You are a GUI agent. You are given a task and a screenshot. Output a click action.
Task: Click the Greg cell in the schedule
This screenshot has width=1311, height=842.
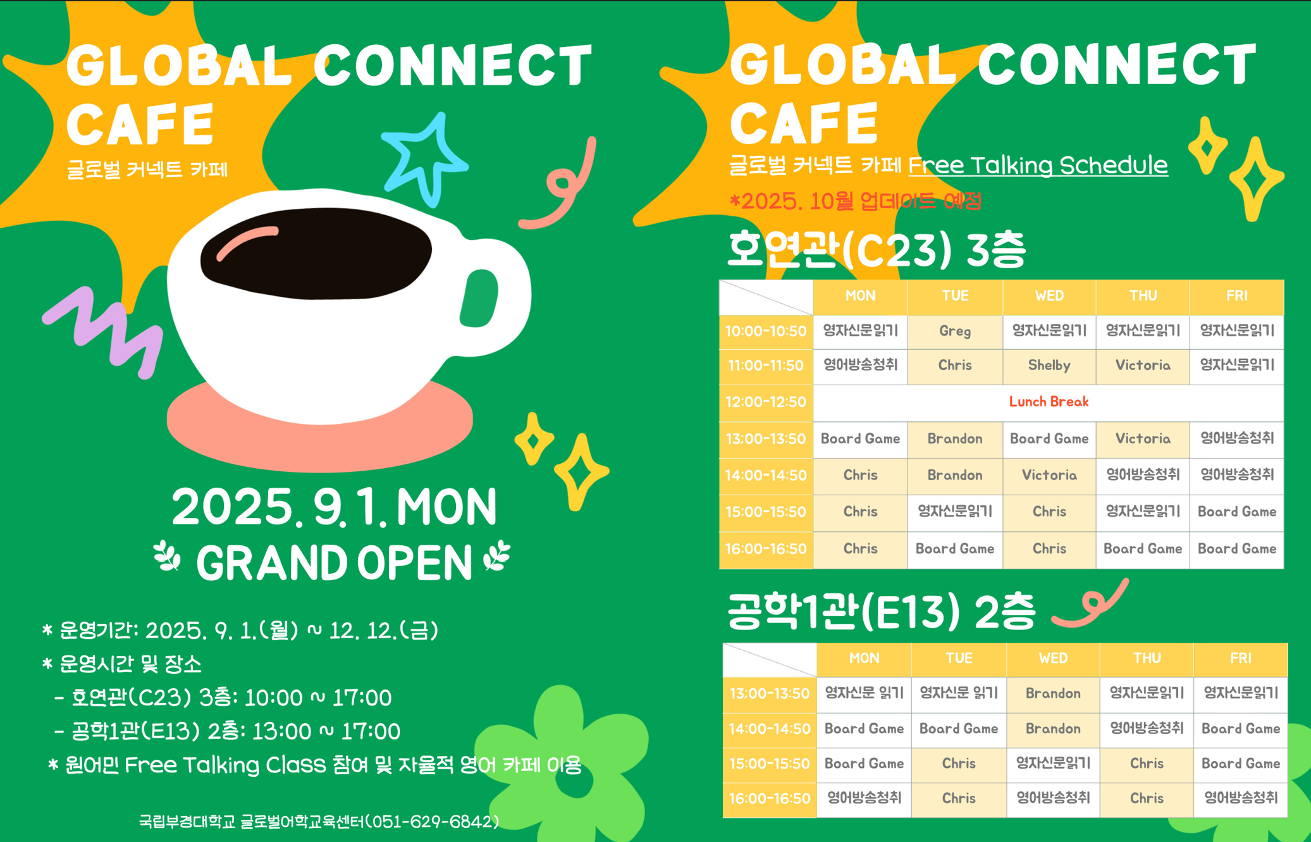954,331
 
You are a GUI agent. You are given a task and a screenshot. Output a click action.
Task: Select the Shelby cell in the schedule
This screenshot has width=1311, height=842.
1049,366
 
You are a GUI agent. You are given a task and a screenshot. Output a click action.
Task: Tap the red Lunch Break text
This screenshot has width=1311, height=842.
1049,402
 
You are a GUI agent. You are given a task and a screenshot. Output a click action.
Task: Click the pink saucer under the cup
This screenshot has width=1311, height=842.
319,430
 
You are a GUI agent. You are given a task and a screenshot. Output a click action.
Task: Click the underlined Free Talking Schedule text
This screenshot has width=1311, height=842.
1038,165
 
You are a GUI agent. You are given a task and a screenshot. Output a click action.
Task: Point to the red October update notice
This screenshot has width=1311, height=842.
855,201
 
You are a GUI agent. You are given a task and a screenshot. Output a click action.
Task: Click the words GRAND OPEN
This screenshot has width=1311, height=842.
334,562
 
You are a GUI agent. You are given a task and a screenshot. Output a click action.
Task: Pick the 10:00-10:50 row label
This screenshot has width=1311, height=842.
766,331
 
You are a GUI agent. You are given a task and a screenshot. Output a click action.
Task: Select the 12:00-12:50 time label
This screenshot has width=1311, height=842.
766,402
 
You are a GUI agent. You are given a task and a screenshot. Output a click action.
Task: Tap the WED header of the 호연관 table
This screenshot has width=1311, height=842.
1049,296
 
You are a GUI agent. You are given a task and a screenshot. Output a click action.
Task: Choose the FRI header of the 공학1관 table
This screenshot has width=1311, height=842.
1240,659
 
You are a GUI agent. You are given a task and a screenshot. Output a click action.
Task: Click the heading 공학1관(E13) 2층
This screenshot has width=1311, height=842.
882,612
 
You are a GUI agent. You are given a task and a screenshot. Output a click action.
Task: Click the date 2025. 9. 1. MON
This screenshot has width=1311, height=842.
334,507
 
